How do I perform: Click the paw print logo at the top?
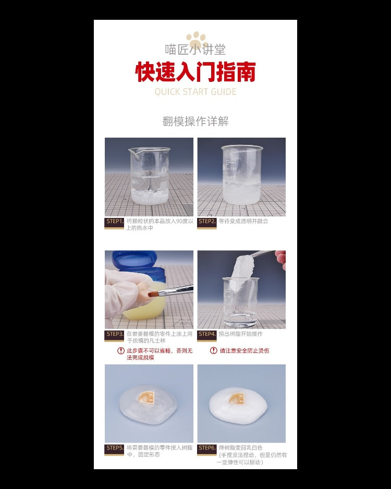tap(196, 39)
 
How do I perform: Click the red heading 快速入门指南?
tap(195, 72)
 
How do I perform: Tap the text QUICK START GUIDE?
tap(195, 92)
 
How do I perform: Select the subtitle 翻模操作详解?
tap(195, 121)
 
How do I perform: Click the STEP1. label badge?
tap(115, 222)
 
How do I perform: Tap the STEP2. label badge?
tap(207, 222)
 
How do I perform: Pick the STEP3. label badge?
tap(115, 334)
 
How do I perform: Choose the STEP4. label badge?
tap(207, 334)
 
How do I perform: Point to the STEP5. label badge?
tap(115, 448)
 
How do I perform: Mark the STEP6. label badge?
tap(207, 448)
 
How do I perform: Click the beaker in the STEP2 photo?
tap(242, 175)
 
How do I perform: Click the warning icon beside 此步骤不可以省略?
tap(121, 351)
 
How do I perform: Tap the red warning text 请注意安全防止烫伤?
tap(244, 351)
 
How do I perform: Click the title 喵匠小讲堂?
tap(195, 51)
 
